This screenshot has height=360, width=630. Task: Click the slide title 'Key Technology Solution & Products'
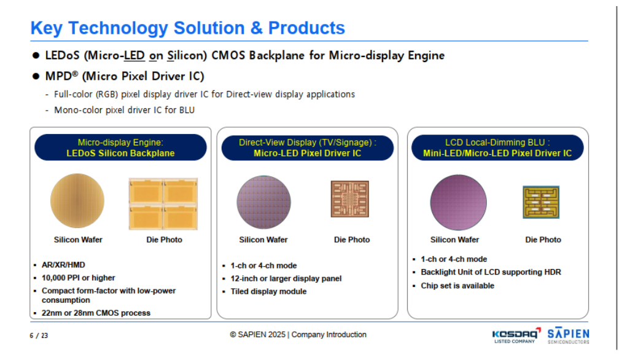tap(188, 28)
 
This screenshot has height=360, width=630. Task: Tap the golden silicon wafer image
tap(77, 201)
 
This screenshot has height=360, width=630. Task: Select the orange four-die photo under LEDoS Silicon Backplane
tap(163, 204)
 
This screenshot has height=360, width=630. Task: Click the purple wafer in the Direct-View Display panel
tap(263, 202)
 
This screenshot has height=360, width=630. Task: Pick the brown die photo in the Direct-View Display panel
tap(349, 199)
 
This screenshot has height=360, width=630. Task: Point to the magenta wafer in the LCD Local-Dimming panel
tap(458, 203)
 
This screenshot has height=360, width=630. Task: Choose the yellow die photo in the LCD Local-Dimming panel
tap(541, 202)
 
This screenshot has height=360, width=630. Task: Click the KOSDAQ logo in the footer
tap(516, 335)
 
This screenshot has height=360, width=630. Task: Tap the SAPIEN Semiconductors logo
tap(568, 335)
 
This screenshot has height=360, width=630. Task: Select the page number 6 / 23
tap(39, 335)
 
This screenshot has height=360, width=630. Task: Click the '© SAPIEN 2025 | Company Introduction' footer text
tap(298, 335)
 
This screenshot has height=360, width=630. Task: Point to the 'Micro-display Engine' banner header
tap(120, 143)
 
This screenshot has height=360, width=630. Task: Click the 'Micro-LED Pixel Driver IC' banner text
tap(308, 153)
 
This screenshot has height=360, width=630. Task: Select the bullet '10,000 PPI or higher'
tap(79, 278)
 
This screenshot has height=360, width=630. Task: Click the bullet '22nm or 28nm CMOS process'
tap(96, 313)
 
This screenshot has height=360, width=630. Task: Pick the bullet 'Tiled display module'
tap(268, 291)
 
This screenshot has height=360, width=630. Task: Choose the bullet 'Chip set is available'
tap(457, 286)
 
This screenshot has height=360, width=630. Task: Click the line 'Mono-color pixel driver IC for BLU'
tap(124, 110)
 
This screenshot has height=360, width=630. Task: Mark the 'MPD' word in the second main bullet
tap(59, 76)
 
